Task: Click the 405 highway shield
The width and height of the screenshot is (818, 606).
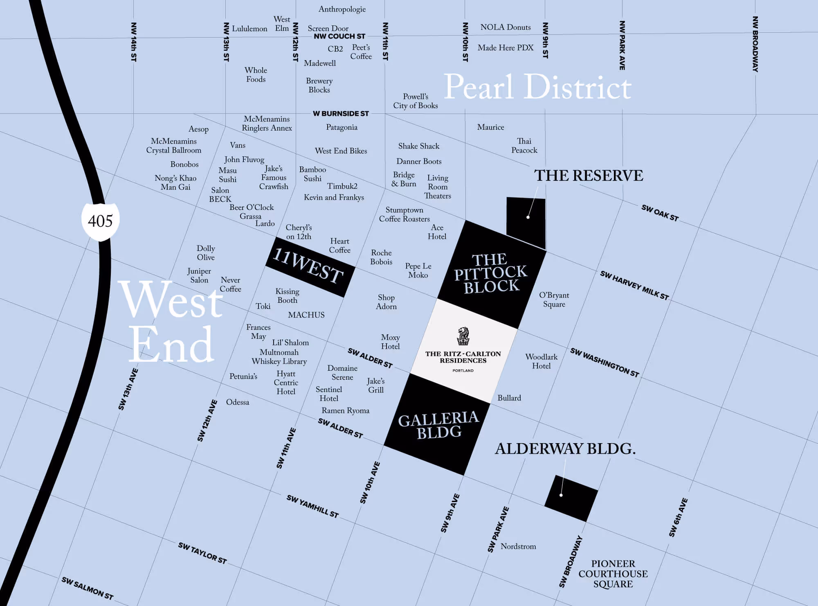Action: click(x=100, y=221)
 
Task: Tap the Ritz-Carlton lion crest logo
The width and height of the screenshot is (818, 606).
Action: click(x=463, y=336)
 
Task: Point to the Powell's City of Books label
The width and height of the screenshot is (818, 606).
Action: click(x=416, y=101)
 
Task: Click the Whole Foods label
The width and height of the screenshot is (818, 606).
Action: click(x=256, y=75)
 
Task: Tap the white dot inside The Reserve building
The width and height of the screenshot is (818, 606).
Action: click(x=528, y=217)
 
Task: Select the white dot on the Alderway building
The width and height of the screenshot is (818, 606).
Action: click(x=561, y=495)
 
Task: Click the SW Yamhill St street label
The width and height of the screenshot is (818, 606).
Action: click(x=312, y=506)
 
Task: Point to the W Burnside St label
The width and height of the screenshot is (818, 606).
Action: click(x=341, y=113)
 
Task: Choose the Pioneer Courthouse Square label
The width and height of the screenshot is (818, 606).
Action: click(x=613, y=574)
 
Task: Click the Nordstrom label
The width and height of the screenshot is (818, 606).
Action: click(x=518, y=546)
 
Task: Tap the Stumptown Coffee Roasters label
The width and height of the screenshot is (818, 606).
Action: click(x=404, y=214)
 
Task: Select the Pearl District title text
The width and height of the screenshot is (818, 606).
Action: click(x=537, y=87)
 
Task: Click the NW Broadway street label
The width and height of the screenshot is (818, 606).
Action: click(x=755, y=44)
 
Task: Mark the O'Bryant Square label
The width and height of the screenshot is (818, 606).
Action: click(x=554, y=300)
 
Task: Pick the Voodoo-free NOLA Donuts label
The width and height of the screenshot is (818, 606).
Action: click(x=506, y=27)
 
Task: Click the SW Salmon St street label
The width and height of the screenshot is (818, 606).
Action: click(x=87, y=588)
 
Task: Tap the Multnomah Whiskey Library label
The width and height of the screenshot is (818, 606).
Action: click(x=279, y=357)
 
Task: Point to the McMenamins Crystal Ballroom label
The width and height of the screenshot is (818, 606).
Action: click(x=174, y=146)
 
